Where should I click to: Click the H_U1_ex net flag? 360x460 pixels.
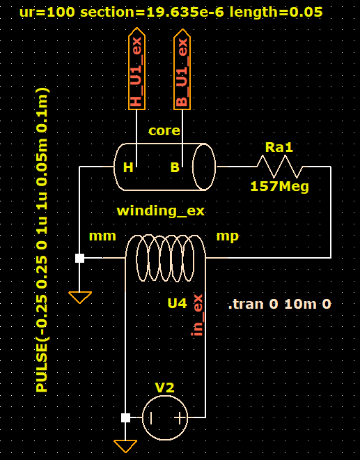(x=136, y=68)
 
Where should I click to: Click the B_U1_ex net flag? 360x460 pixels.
(x=182, y=69)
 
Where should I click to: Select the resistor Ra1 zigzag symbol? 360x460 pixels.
(x=280, y=167)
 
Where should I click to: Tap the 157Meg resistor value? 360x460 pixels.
(x=280, y=186)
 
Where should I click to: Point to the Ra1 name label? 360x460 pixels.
(x=279, y=147)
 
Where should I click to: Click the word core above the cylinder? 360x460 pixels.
(x=164, y=130)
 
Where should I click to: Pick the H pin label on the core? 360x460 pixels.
(x=128, y=167)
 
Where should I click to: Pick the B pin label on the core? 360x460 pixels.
(x=175, y=167)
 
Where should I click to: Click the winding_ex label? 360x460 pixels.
(x=161, y=211)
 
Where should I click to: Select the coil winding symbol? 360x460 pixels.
(x=165, y=258)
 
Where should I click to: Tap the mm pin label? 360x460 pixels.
(x=102, y=236)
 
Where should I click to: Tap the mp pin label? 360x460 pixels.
(x=228, y=236)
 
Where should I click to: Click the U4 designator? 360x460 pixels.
(x=177, y=303)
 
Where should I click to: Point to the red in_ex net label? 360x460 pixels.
(x=198, y=315)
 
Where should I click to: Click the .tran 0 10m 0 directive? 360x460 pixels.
(x=280, y=304)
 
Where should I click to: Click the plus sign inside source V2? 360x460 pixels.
(x=180, y=417)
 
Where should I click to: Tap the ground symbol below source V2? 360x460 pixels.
(x=125, y=446)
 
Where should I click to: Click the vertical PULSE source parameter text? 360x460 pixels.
(x=42, y=239)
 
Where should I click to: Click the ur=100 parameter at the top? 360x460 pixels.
(x=47, y=13)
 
